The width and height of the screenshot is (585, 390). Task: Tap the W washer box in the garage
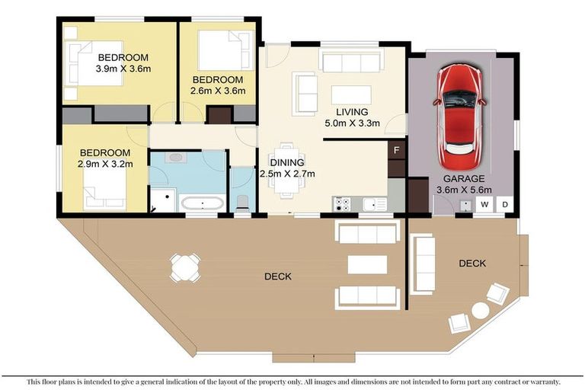point(484,204)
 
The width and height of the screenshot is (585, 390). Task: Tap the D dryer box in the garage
point(504,204)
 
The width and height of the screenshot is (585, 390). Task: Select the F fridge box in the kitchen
point(395,149)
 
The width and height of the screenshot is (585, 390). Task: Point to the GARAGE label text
point(464,178)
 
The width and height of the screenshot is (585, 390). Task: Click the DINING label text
point(287,162)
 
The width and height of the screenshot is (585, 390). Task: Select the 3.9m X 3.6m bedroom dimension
point(123,69)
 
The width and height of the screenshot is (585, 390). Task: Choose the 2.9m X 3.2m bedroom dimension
point(105,163)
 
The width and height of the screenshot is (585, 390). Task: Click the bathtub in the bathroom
point(202,203)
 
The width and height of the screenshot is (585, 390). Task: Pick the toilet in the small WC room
point(243,202)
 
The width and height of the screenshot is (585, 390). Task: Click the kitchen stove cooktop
point(342,204)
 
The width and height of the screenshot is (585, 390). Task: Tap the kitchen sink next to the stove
point(373,204)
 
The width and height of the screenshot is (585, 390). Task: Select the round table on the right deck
point(480,310)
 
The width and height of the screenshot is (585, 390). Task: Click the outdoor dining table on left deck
point(185,267)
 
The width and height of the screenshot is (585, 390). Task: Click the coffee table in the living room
point(351,94)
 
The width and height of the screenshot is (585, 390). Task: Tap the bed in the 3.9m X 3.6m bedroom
point(95,62)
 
